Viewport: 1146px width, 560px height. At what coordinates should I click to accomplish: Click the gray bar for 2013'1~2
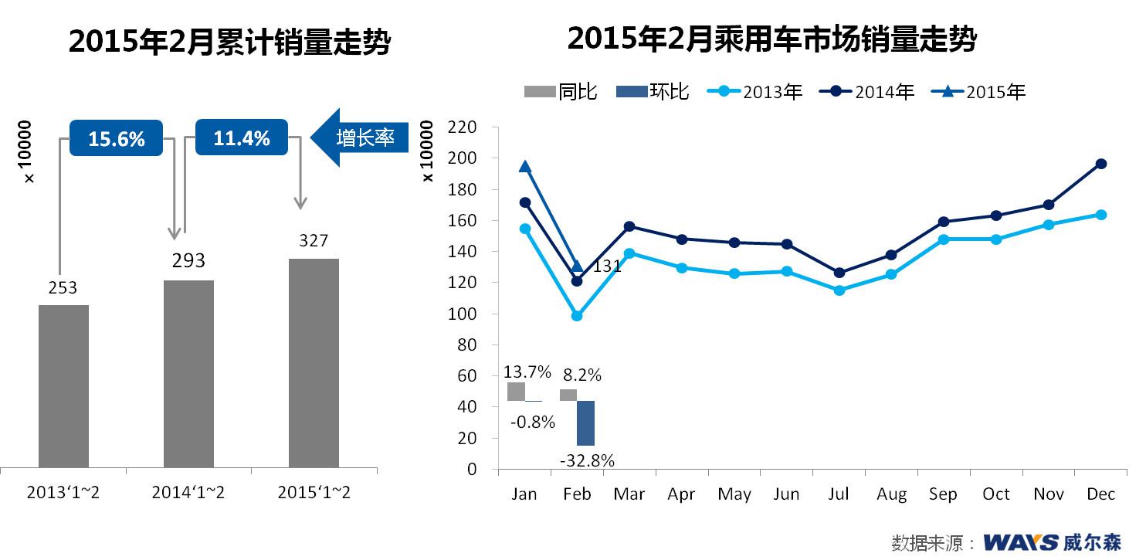63,386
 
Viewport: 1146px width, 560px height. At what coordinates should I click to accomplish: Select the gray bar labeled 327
314,363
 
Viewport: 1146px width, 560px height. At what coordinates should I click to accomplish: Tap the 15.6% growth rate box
116,139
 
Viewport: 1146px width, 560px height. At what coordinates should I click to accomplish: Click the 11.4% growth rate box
242,139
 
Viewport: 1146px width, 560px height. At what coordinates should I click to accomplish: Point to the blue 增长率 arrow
359,138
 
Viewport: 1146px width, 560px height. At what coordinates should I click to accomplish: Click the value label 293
188,260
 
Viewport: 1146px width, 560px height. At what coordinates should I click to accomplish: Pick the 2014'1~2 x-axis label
188,493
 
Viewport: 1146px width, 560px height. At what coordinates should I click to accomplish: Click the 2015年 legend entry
979,92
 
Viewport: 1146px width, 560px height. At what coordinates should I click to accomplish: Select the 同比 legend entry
561,92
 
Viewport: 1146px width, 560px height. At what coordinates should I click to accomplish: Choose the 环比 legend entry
653,92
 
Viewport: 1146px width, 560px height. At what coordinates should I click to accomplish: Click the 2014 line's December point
1101,164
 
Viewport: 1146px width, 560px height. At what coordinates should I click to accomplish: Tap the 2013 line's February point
577,316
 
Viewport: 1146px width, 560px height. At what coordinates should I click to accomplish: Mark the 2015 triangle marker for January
525,167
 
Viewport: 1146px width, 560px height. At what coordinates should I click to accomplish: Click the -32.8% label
587,461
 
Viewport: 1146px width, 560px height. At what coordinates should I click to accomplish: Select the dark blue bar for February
585,423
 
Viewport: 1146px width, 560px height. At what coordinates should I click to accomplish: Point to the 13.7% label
527,372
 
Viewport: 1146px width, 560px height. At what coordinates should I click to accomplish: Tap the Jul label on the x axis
839,494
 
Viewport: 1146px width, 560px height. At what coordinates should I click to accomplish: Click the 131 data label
607,267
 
